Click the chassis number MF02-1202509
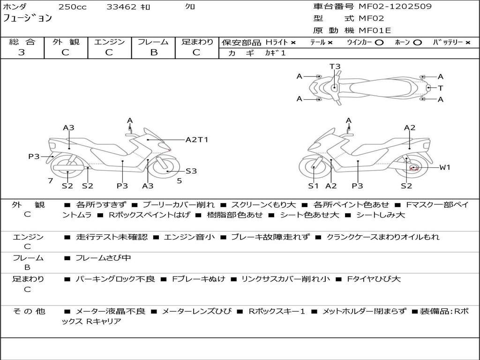[x=395, y=7]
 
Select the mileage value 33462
[x=121, y=7]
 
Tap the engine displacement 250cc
[x=72, y=7]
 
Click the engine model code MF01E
[x=375, y=30]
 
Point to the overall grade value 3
[x=22, y=52]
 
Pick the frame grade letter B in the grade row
[x=153, y=52]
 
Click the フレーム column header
[x=153, y=42]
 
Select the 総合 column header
[x=22, y=42]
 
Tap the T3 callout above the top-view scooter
[x=335, y=67]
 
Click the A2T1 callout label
[x=197, y=140]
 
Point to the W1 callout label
[x=444, y=167]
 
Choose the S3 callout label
[x=191, y=171]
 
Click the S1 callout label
[x=313, y=186]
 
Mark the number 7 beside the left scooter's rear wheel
[x=50, y=180]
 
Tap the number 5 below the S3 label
[x=179, y=180]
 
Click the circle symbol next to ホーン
[x=417, y=43]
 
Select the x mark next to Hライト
[x=293, y=43]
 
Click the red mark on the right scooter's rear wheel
[x=413, y=168]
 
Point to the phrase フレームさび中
[x=103, y=258]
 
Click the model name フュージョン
[x=28, y=19]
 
